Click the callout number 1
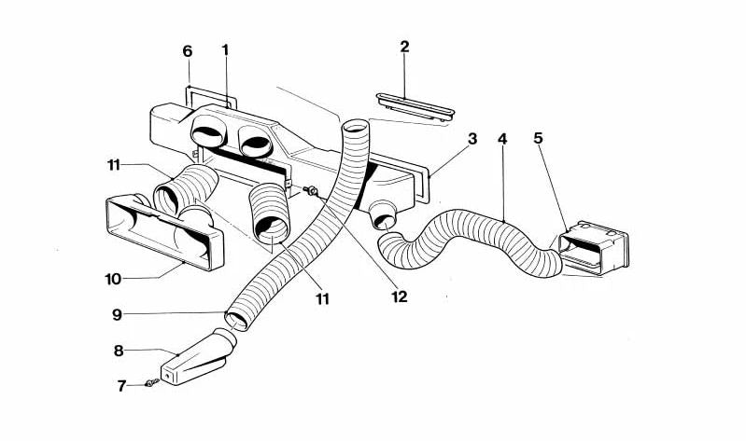click(226, 50)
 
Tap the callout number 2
click(404, 47)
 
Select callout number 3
click(472, 139)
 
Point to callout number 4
click(502, 139)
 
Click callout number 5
click(538, 138)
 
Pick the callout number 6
click(188, 51)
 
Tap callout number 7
click(121, 386)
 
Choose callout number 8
click(119, 351)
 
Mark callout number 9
click(117, 314)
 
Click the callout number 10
click(113, 279)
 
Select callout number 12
click(400, 296)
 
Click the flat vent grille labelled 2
click(415, 106)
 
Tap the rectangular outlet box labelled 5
click(593, 248)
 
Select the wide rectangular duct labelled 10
click(164, 232)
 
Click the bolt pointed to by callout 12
click(311, 190)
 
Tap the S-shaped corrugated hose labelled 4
click(471, 241)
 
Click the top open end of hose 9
click(356, 128)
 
